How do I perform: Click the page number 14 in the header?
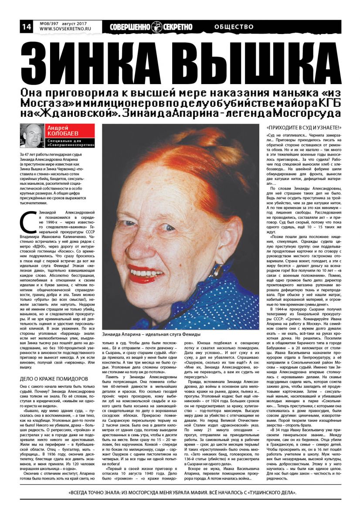(26, 27)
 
